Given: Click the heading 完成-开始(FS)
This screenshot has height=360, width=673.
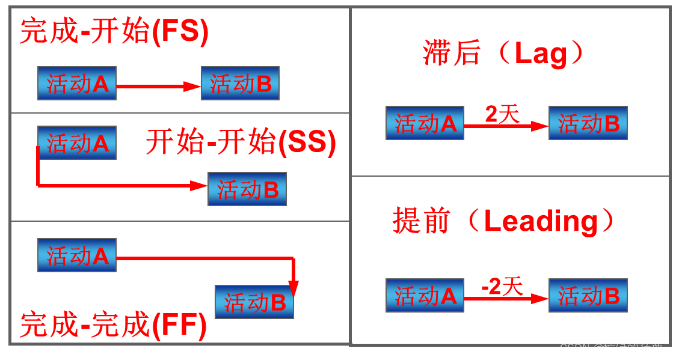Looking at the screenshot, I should [114, 31].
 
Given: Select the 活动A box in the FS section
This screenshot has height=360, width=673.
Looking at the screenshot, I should [77, 84].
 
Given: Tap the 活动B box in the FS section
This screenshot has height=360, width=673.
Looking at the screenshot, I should [240, 84].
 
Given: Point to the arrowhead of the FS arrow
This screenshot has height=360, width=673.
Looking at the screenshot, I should [193, 87].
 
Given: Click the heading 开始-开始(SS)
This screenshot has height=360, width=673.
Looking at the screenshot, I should [241, 142].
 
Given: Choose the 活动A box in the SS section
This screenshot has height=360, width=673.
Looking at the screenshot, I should [77, 143].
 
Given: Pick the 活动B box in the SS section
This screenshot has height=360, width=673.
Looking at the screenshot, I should [247, 189].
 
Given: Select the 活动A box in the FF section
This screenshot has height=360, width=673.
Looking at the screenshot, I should [77, 255].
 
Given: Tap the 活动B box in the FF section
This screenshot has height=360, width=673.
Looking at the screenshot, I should [254, 302].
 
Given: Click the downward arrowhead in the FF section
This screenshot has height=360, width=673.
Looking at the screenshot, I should [293, 289].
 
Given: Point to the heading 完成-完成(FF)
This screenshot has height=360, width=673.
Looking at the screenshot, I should [114, 325].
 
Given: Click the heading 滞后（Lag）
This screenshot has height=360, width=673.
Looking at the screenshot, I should [504, 53].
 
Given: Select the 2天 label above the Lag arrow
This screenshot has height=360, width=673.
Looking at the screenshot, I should [502, 114].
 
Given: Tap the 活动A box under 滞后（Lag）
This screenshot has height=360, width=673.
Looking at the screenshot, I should [425, 123].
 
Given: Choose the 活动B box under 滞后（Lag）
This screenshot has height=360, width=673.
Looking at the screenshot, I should [588, 123].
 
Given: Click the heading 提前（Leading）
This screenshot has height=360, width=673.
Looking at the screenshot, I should [504, 221].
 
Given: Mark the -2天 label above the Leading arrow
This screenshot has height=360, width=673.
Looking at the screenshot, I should [502, 287].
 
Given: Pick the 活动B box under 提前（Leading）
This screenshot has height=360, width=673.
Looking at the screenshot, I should [588, 296].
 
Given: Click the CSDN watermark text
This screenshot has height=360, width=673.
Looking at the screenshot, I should [611, 349].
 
